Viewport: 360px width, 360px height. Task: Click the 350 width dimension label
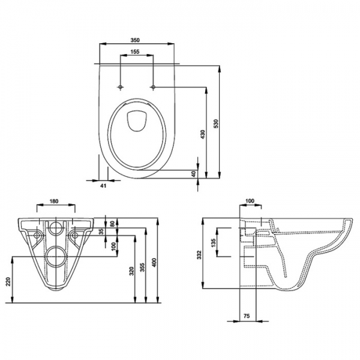[x=135, y=40]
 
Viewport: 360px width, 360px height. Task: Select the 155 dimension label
[x=135, y=52]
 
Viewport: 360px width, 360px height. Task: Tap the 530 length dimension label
[x=216, y=124]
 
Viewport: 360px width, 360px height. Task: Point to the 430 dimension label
[x=203, y=134]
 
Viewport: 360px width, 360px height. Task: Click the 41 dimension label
[x=103, y=186]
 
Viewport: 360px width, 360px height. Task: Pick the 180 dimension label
[x=54, y=201]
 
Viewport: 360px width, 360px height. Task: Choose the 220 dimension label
[x=8, y=282]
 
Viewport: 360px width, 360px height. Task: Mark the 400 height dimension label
[x=154, y=262]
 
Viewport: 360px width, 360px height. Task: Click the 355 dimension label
[x=142, y=268]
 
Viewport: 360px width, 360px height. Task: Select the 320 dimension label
[x=131, y=271]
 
